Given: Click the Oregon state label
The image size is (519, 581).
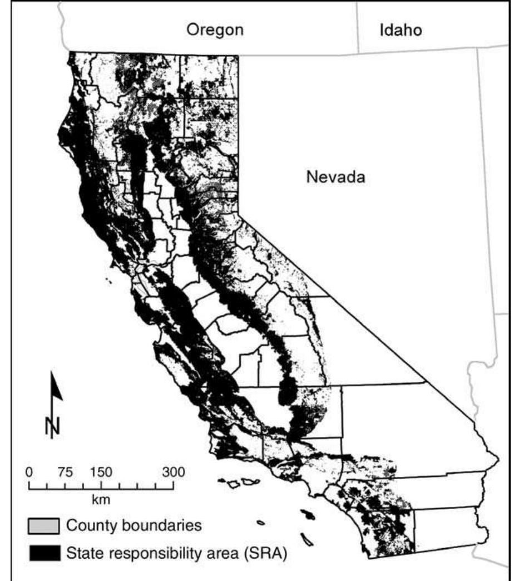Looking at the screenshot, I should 215,29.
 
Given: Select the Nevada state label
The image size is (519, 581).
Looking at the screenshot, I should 335,178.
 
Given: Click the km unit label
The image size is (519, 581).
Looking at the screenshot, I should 101,499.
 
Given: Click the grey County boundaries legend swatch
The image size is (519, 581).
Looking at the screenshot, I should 44,525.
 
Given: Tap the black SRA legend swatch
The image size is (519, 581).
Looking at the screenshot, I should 44,553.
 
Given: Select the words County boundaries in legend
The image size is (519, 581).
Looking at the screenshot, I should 134,525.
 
